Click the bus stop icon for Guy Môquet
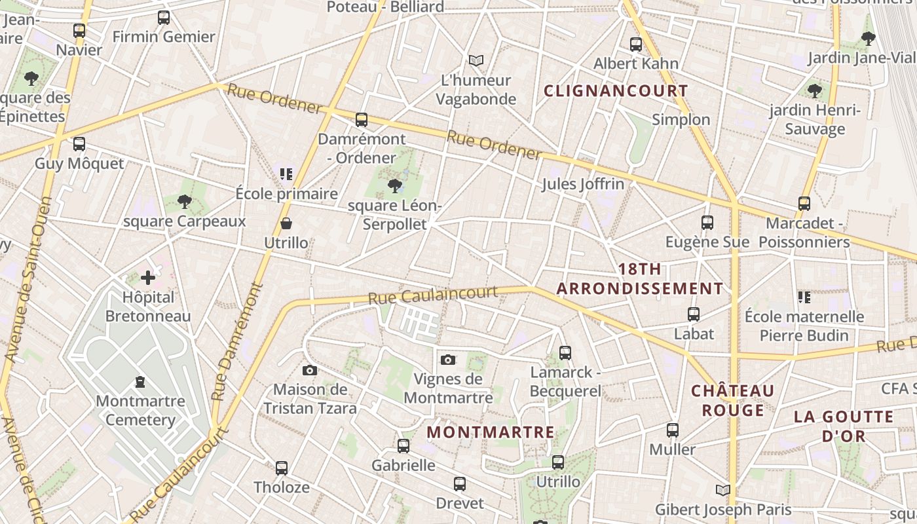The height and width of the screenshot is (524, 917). click(79, 144)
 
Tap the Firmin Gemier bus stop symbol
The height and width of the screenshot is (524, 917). click(164, 18)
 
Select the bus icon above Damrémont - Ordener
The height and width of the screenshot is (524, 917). click(362, 120)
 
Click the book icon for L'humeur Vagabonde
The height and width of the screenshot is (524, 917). click(476, 61)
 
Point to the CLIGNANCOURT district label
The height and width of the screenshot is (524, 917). click(616, 91)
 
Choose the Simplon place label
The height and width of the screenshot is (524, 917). click(681, 119)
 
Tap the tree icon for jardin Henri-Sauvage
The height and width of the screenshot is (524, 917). click(815, 91)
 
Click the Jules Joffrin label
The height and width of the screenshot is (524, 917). click(583, 184)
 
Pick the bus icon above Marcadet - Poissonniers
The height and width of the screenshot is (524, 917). click(804, 204)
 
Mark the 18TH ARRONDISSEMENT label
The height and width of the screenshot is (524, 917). click(640, 279)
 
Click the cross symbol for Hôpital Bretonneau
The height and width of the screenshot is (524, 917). click(148, 278)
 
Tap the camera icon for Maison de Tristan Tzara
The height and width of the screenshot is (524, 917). click(310, 371)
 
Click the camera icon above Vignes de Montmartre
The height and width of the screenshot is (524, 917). click(448, 360)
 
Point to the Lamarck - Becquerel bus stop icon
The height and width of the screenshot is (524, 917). click(565, 353)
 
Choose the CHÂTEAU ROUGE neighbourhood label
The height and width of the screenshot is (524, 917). click(733, 400)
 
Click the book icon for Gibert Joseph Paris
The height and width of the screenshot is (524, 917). click(723, 491)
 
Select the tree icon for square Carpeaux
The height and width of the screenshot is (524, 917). click(185, 202)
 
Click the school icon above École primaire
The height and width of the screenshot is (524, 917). click(286, 174)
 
